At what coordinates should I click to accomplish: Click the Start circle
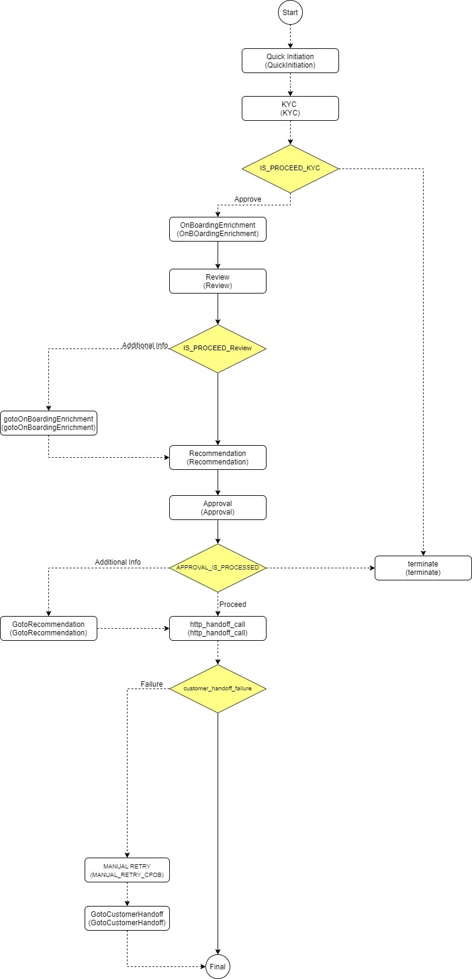pos(290,13)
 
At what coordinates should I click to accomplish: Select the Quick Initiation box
pos(290,61)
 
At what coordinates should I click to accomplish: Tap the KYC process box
pos(290,109)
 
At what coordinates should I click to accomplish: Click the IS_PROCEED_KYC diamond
pos(290,168)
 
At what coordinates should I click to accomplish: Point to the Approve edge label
pos(248,199)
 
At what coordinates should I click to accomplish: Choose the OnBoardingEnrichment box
pos(218,230)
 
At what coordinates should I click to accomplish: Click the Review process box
pos(218,281)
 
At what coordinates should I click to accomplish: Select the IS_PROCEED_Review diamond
pos(218,348)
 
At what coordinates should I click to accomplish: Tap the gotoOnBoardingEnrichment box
pos(48,423)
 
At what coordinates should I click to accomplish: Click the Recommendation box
pos(218,458)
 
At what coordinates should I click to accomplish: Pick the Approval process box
pos(218,507)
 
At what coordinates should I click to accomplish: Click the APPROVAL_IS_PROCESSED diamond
pos(218,568)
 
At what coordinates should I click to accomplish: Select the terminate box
pos(423,568)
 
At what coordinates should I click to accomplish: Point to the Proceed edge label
pos(233,604)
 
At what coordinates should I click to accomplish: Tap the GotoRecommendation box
pos(48,628)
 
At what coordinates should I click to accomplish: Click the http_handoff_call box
pos(218,628)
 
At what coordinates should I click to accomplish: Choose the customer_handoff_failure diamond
pos(218,689)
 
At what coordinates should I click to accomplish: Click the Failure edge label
pos(152,684)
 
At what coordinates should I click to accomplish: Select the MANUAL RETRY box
pos(127,870)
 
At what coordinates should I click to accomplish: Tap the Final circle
pos(218,966)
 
